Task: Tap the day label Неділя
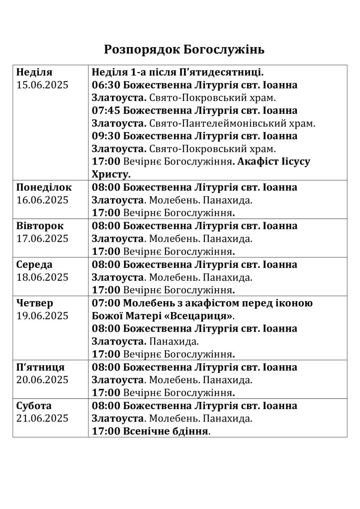click(34, 72)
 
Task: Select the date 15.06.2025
click(42, 85)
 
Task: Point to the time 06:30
click(106, 85)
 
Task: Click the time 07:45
click(106, 110)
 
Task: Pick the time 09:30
click(106, 136)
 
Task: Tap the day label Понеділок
click(44, 187)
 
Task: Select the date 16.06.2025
click(42, 200)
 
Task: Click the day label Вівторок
click(40, 226)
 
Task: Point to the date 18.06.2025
click(42, 277)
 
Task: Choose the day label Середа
click(34, 264)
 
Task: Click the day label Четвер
click(35, 303)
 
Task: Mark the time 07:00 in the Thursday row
click(106, 303)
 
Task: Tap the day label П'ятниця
click(40, 367)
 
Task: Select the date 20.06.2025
click(42, 380)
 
